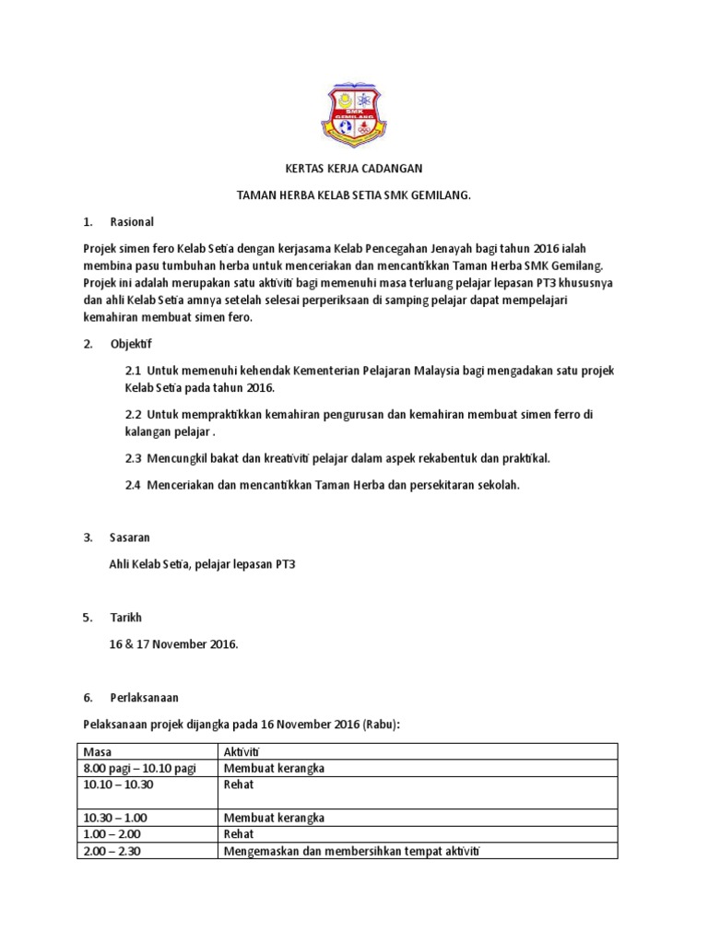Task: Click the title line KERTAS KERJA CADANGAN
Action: pyautogui.click(x=354, y=169)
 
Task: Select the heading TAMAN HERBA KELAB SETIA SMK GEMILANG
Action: pyautogui.click(x=354, y=195)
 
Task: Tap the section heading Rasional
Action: pyautogui.click(x=133, y=222)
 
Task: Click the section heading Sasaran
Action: pyautogui.click(x=130, y=537)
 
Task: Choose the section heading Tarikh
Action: pyautogui.click(x=126, y=617)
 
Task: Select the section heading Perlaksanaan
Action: pyautogui.click(x=141, y=697)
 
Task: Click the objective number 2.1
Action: pyautogui.click(x=133, y=371)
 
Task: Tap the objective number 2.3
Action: pyautogui.click(x=133, y=458)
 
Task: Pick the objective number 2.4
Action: pyautogui.click(x=133, y=485)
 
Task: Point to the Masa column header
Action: pyautogui.click(x=96, y=753)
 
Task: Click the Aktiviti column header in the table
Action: pyautogui.click(x=242, y=753)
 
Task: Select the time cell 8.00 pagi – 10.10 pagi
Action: pyautogui.click(x=139, y=769)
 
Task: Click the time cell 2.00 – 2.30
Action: pyautogui.click(x=110, y=850)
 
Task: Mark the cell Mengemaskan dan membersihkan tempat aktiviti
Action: pyautogui.click(x=353, y=850)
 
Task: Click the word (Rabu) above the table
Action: pyautogui.click(x=380, y=725)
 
